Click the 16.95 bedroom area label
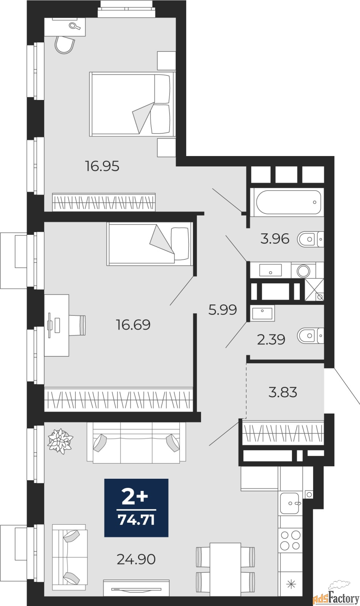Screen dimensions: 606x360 pyautogui.click(x=102, y=166)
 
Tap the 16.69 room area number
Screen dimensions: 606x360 pyautogui.click(x=133, y=325)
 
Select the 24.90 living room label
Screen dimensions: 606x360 pyautogui.click(x=136, y=559)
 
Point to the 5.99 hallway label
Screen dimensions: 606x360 pyautogui.click(x=223, y=310)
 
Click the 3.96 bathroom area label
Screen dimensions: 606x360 pyautogui.click(x=275, y=239)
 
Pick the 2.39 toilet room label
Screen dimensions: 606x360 pyautogui.click(x=271, y=339)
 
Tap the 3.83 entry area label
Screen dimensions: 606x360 pyautogui.click(x=283, y=392)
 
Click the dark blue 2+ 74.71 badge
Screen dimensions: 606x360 pyautogui.click(x=136, y=508)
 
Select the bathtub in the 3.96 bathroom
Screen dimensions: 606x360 pyautogui.click(x=288, y=202)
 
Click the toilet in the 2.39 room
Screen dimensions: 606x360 pyautogui.click(x=309, y=336)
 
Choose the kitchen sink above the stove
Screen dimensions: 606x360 pyautogui.click(x=290, y=503)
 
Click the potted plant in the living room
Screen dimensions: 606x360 pyautogui.click(x=60, y=440)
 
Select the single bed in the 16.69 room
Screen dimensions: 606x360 pyautogui.click(x=150, y=244)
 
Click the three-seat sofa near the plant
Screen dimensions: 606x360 pyautogui.click(x=136, y=442)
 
